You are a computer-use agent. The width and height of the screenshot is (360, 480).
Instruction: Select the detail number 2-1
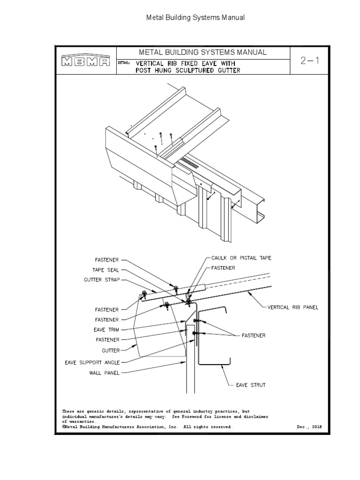(x=310, y=60)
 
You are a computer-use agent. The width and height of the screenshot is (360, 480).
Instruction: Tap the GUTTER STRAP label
(x=102, y=279)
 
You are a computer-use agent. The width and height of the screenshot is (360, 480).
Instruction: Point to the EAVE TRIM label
(x=106, y=330)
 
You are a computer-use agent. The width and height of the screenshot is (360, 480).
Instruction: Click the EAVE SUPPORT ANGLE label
(x=92, y=362)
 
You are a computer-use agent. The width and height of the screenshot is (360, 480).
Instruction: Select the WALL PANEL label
(x=105, y=373)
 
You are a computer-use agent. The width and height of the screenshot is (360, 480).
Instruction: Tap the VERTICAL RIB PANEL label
(x=292, y=307)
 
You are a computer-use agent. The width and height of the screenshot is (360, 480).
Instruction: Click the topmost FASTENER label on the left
(x=107, y=259)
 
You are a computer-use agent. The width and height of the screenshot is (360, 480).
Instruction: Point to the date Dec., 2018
(x=309, y=427)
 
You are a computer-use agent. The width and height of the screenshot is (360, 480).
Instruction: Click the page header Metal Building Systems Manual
(x=196, y=18)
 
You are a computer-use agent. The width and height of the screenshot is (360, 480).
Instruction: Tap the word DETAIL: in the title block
(x=124, y=62)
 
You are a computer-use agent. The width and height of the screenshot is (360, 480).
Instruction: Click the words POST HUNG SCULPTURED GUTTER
(x=188, y=70)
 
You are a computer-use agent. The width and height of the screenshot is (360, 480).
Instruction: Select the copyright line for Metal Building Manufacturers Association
(x=147, y=427)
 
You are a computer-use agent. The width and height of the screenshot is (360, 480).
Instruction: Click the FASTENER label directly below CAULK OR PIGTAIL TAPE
(x=222, y=267)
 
